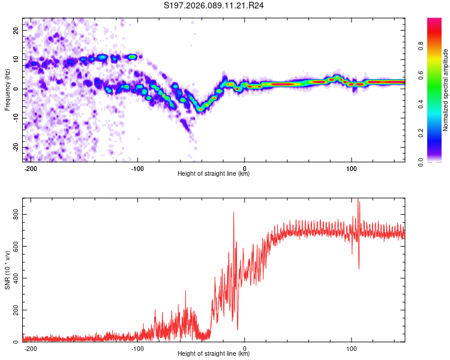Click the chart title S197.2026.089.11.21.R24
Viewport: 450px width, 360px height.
coord(214,7)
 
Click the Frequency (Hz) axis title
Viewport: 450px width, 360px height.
coord(7,89)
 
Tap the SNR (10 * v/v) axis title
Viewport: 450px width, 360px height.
coord(7,269)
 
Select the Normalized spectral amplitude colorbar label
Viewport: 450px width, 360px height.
coord(446,90)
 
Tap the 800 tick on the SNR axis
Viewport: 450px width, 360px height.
coord(13,214)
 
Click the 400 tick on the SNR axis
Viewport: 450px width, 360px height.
coord(13,278)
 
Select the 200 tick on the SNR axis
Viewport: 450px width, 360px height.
coord(13,310)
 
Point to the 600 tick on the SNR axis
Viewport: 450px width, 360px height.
coord(13,246)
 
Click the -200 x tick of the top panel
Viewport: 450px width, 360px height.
coord(31,167)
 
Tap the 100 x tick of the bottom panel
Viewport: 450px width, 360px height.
coord(351,347)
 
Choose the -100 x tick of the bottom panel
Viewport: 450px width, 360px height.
coord(137,347)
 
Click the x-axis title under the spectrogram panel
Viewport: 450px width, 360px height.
coord(214,174)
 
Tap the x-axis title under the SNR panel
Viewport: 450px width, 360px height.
coord(214,354)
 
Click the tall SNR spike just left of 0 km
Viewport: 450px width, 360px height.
coord(234,214)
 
